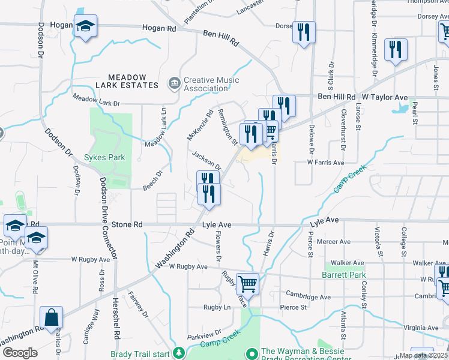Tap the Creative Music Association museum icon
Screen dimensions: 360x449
coord(174,83)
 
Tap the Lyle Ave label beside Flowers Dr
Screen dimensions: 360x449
coord(217,224)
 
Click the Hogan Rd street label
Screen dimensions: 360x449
coord(159,28)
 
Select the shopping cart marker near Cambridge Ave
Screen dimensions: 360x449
coord(247,283)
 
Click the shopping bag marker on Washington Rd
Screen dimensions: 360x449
coord(52,317)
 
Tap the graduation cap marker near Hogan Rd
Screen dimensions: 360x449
coord(86,26)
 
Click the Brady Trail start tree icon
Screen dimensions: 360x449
coord(178,353)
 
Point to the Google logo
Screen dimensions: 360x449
coord(20,353)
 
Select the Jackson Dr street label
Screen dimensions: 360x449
coord(207,160)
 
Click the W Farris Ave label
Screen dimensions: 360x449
coord(325,162)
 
